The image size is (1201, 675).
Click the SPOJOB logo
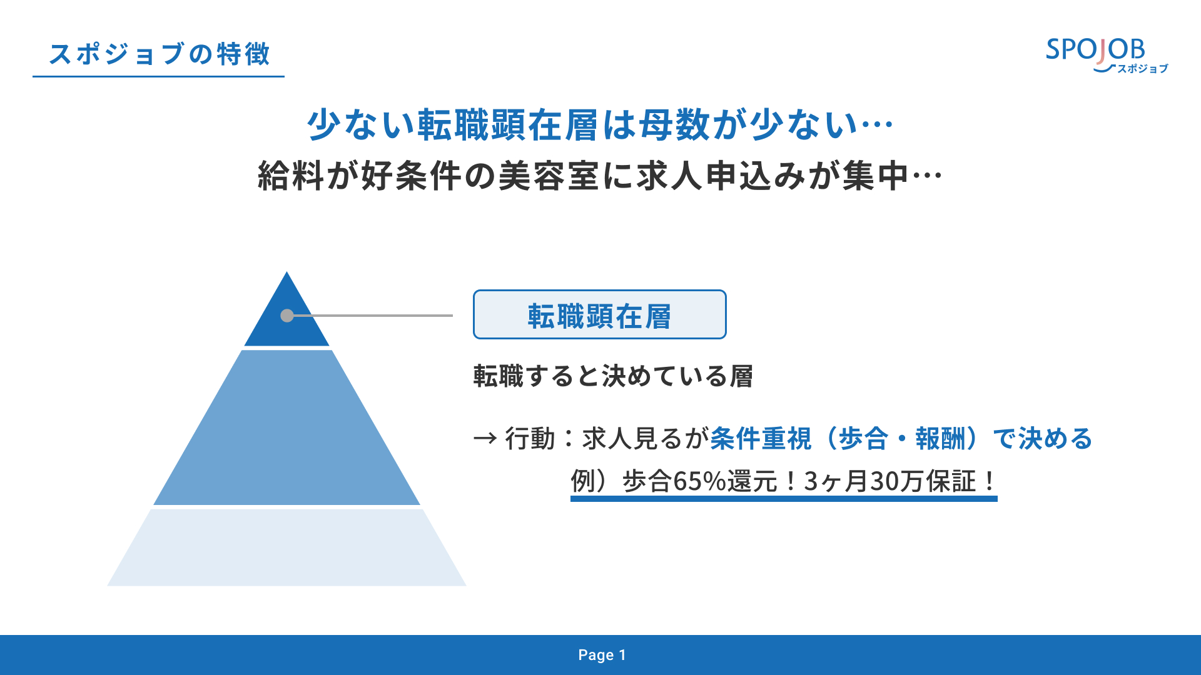click(x=1107, y=55)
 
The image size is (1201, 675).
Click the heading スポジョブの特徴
click(x=160, y=54)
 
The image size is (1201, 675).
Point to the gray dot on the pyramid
click(x=287, y=316)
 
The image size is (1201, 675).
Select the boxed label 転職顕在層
click(x=599, y=314)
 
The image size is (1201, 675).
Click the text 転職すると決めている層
click(x=613, y=376)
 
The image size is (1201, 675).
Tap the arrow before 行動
click(x=485, y=439)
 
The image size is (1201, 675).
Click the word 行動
click(x=530, y=439)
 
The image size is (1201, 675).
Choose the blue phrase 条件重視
click(x=761, y=439)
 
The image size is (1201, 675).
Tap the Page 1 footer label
click(x=602, y=655)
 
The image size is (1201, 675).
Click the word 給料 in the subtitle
click(x=291, y=176)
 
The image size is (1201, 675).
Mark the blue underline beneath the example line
click(x=784, y=499)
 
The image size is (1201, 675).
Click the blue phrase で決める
click(x=1043, y=439)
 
